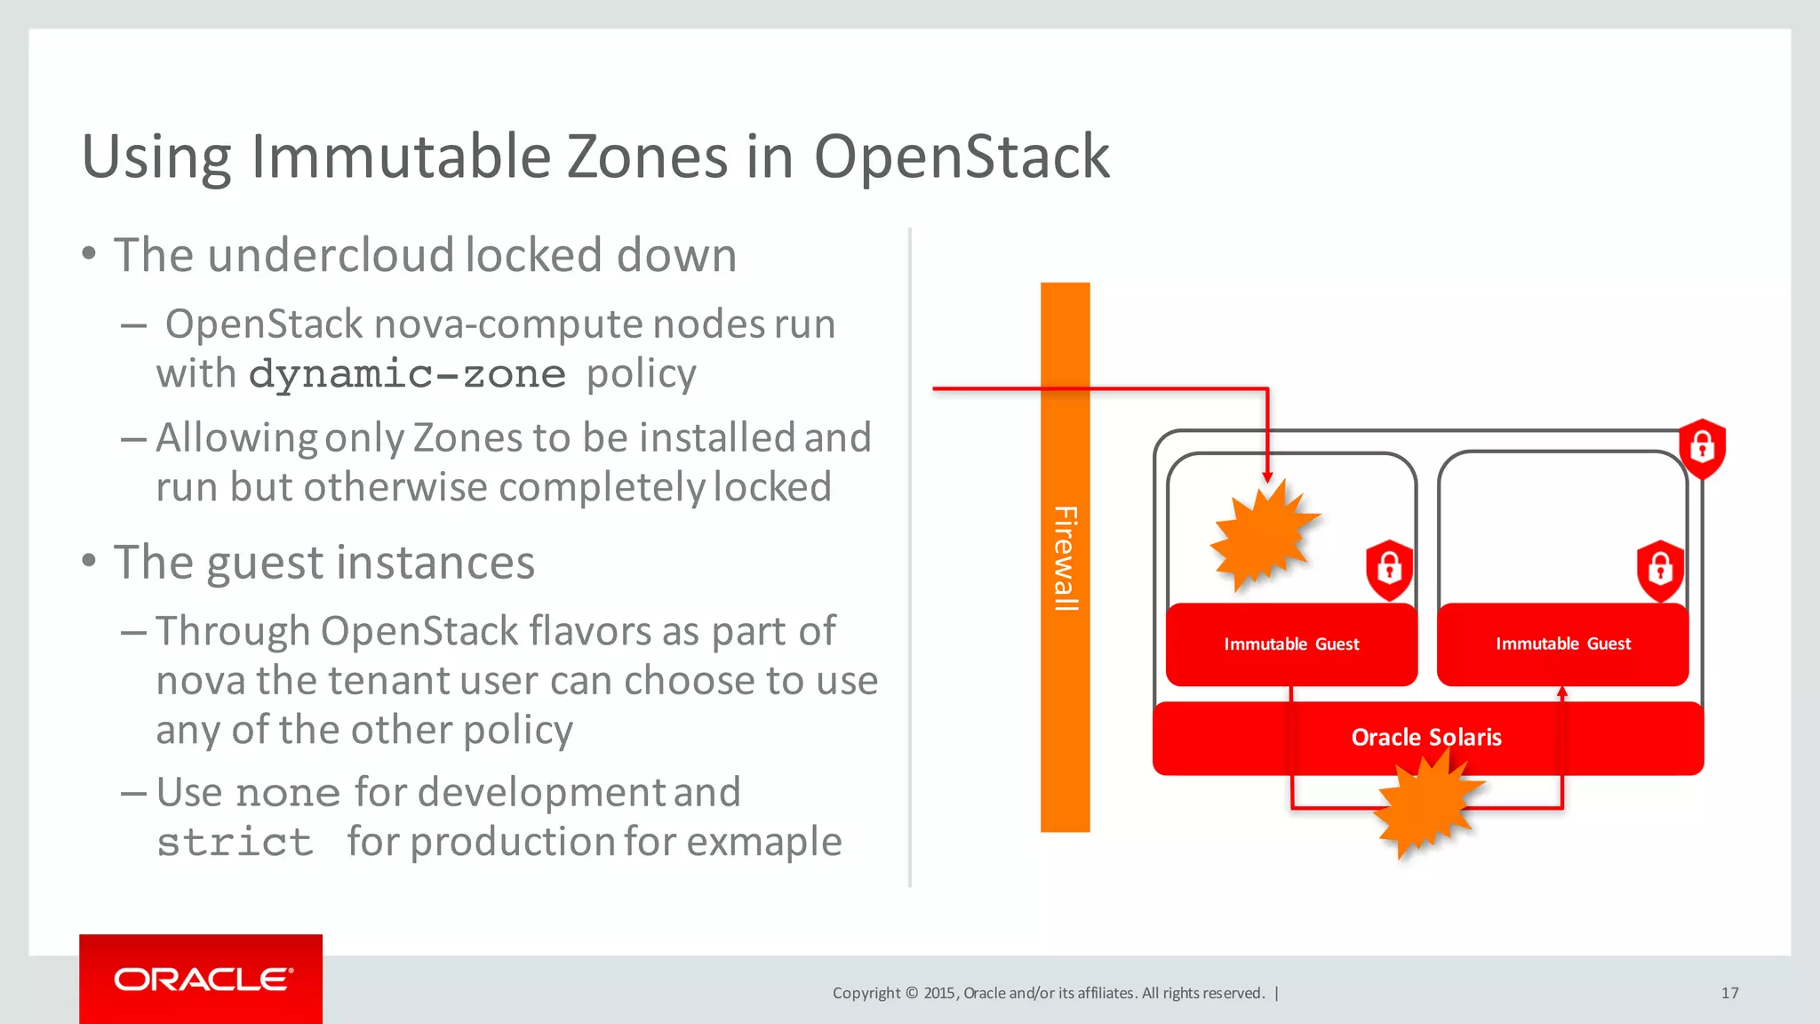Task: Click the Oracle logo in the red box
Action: (x=203, y=980)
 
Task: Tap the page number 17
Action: (x=1729, y=993)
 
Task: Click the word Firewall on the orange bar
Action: (x=1066, y=558)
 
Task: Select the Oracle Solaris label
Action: (x=1426, y=737)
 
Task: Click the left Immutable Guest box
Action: (x=1291, y=644)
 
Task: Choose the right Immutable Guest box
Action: (x=1563, y=644)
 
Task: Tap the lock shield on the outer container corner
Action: (x=1702, y=447)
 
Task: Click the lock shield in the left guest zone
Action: (x=1389, y=569)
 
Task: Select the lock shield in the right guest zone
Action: (x=1660, y=569)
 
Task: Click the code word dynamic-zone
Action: (x=407, y=374)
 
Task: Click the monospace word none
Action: (x=288, y=793)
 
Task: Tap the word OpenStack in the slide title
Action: (x=962, y=157)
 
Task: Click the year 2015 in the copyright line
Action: (x=939, y=993)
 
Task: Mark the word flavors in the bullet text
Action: (x=589, y=631)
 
